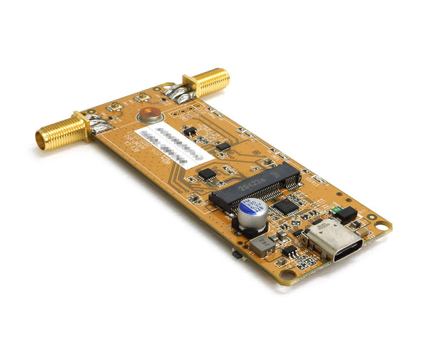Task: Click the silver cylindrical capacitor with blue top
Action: pos(253,213)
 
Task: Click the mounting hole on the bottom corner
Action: pos(287,274)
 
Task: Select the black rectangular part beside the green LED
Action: pos(346,214)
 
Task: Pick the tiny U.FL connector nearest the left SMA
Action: pos(113,108)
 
